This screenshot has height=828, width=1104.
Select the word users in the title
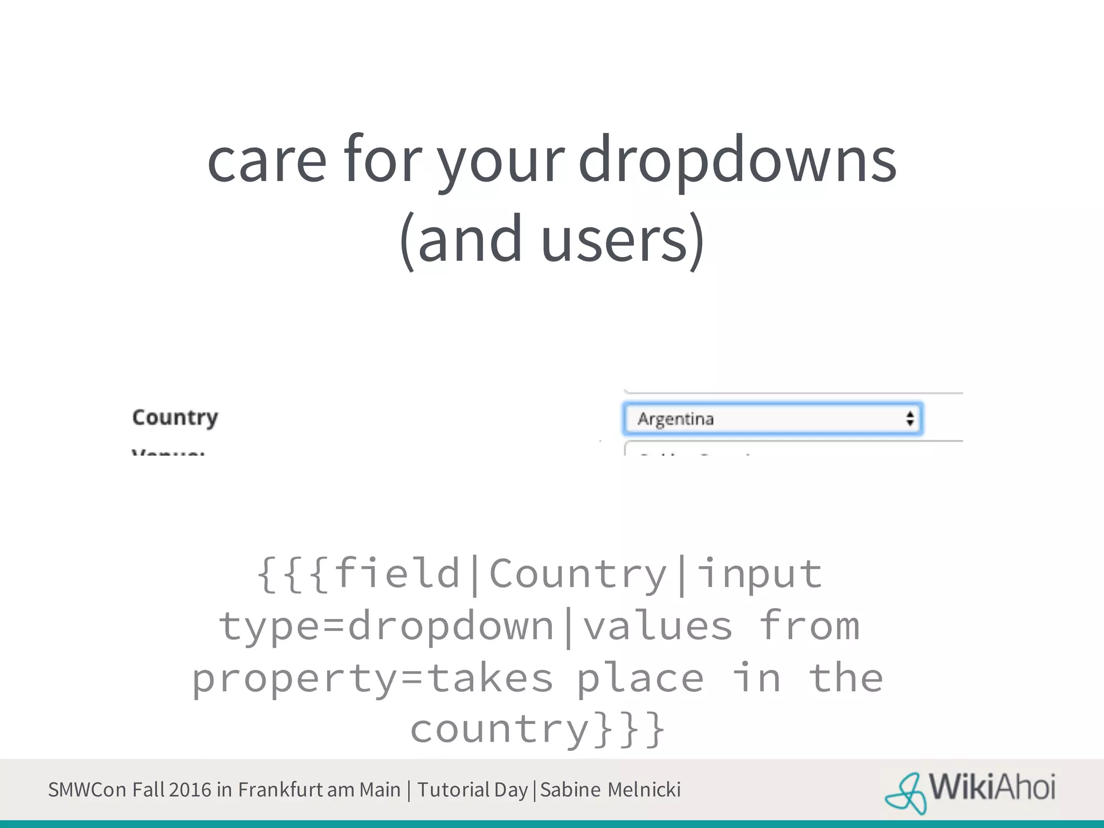click(x=615, y=240)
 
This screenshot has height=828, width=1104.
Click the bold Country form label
click(x=175, y=418)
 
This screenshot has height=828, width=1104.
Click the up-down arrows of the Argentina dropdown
click(x=910, y=419)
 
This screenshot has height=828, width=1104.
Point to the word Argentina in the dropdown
click(x=675, y=419)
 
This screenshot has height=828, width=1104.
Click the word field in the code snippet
click(x=397, y=574)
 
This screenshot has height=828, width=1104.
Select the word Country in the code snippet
click(x=578, y=574)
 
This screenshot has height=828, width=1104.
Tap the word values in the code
click(x=658, y=626)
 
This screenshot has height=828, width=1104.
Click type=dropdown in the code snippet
click(x=386, y=626)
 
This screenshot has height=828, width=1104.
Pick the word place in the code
click(x=640, y=678)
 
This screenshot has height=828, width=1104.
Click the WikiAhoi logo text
click(x=992, y=788)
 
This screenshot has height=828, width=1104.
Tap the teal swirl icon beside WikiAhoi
click(x=906, y=793)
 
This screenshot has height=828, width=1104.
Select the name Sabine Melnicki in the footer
click(x=610, y=790)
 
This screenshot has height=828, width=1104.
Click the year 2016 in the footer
click(x=190, y=790)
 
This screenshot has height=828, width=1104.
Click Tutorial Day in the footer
click(x=472, y=790)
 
